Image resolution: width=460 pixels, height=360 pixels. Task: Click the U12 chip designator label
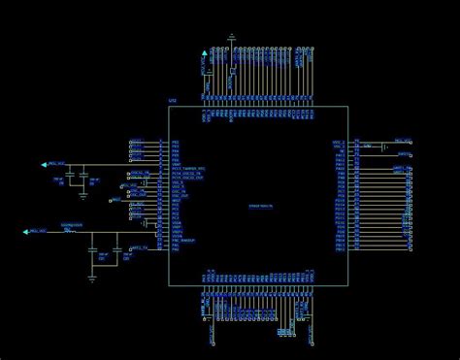[x=173, y=101]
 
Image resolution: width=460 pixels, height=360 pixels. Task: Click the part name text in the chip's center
[x=260, y=207]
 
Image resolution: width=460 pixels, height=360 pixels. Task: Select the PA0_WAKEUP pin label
[x=184, y=239]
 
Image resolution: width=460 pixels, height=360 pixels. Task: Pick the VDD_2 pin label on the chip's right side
[x=340, y=141]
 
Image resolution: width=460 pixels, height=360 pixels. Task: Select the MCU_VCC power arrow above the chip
[x=204, y=52]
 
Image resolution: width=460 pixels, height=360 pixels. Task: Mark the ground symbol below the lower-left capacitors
[x=93, y=276]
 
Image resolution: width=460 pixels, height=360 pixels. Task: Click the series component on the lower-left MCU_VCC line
[x=72, y=230]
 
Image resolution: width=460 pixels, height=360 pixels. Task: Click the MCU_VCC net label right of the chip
[x=402, y=141]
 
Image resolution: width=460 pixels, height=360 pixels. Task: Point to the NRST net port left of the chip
[x=116, y=201]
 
